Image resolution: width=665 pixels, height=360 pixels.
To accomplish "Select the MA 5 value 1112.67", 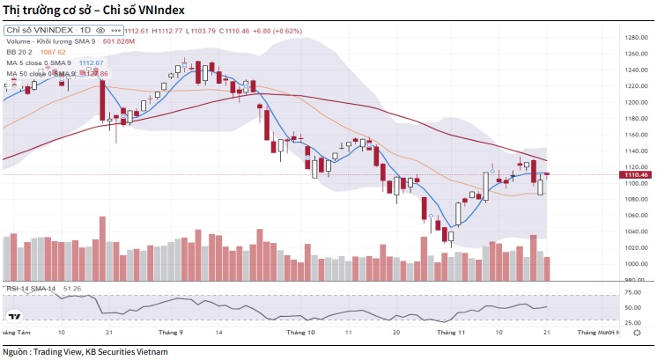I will [92, 63].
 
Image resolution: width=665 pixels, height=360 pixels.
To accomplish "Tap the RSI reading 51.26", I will [73, 288].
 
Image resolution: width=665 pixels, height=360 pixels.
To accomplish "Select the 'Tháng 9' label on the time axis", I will [170, 333].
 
